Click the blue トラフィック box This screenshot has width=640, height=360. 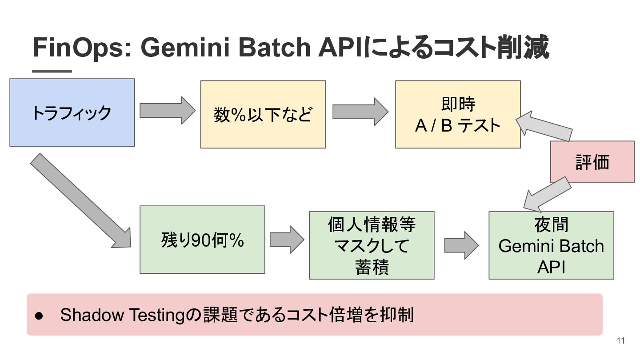[x=72, y=112]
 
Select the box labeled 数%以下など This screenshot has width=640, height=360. [x=263, y=114]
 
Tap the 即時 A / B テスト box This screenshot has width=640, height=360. [x=458, y=114]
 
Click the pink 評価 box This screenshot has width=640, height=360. [x=592, y=162]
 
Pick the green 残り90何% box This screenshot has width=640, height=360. [x=202, y=240]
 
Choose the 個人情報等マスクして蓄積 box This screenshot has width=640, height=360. [x=372, y=245]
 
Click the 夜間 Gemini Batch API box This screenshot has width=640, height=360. [x=551, y=245]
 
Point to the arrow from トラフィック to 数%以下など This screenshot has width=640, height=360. [x=168, y=111]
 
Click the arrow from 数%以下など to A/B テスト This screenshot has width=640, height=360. [x=360, y=112]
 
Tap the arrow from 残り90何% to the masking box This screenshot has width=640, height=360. [x=287, y=240]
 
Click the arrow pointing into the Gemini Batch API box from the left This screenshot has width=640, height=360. [x=461, y=245]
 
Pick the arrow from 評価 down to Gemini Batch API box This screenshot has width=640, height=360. [x=547, y=195]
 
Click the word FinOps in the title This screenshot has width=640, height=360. [x=80, y=48]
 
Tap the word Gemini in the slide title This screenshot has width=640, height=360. [x=185, y=47]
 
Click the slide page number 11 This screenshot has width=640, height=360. [x=620, y=340]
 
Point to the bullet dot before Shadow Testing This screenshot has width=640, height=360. [x=39, y=316]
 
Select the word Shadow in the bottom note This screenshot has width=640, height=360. [x=92, y=315]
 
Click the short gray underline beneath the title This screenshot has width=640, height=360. [x=52, y=71]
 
